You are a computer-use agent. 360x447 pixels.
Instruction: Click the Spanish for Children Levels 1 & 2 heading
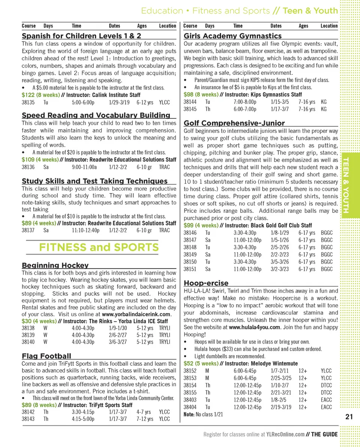[x=81, y=36]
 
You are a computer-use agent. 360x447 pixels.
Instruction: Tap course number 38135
[x=28, y=102]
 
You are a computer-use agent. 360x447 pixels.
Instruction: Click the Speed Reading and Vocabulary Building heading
[x=96, y=115]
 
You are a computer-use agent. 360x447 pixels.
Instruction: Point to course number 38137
[x=28, y=230]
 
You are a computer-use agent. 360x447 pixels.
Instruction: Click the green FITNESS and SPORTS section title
[x=99, y=247]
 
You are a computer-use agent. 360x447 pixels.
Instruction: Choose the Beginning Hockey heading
[x=55, y=266]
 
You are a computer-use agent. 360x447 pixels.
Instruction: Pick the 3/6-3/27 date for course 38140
[x=118, y=342]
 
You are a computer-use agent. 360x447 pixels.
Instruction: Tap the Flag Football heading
[x=46, y=356]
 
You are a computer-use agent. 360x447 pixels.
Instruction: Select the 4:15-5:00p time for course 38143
[x=83, y=419]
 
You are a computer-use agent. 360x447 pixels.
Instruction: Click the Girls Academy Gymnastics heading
[x=232, y=36]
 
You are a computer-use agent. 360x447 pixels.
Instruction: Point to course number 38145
[x=190, y=109]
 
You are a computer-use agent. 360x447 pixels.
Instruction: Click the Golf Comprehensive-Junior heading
[x=234, y=123]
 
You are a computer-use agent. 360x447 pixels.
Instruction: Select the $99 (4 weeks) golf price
[x=201, y=226]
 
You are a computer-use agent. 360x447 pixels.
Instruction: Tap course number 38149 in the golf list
[x=190, y=254]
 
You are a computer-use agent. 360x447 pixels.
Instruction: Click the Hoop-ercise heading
[x=206, y=283]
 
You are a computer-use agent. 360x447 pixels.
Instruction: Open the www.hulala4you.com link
[x=255, y=327]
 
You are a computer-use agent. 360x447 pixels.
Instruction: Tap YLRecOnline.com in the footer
[x=285, y=435]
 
